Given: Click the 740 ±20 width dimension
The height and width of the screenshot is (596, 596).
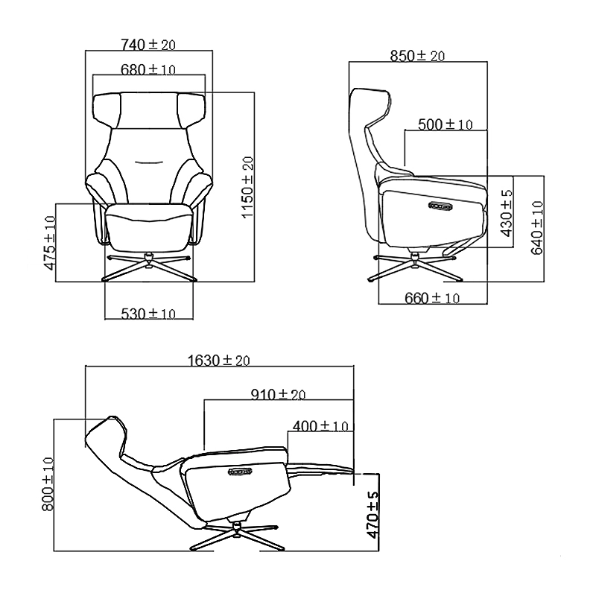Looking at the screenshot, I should (148, 45).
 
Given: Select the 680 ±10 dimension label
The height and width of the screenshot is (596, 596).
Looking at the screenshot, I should (148, 69).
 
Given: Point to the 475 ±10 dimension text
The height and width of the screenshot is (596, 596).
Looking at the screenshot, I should (50, 243).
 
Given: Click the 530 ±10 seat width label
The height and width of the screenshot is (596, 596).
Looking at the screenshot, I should (148, 314).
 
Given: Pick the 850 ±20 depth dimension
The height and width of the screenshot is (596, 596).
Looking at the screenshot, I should (417, 56).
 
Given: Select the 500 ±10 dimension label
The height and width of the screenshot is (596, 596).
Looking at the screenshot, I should (445, 124).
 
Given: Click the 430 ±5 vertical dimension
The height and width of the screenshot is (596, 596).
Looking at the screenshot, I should (507, 213).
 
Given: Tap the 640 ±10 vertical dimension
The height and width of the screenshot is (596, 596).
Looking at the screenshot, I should (536, 228).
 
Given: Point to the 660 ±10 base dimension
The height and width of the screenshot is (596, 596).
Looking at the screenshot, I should (432, 298).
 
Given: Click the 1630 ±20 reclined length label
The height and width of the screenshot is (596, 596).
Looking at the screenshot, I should (218, 361).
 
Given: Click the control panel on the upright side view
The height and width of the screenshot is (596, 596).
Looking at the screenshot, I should (440, 206).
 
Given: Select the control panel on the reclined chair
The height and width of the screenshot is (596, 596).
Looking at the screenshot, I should (243, 471).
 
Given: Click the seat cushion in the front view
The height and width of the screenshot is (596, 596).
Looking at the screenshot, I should (148, 227).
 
